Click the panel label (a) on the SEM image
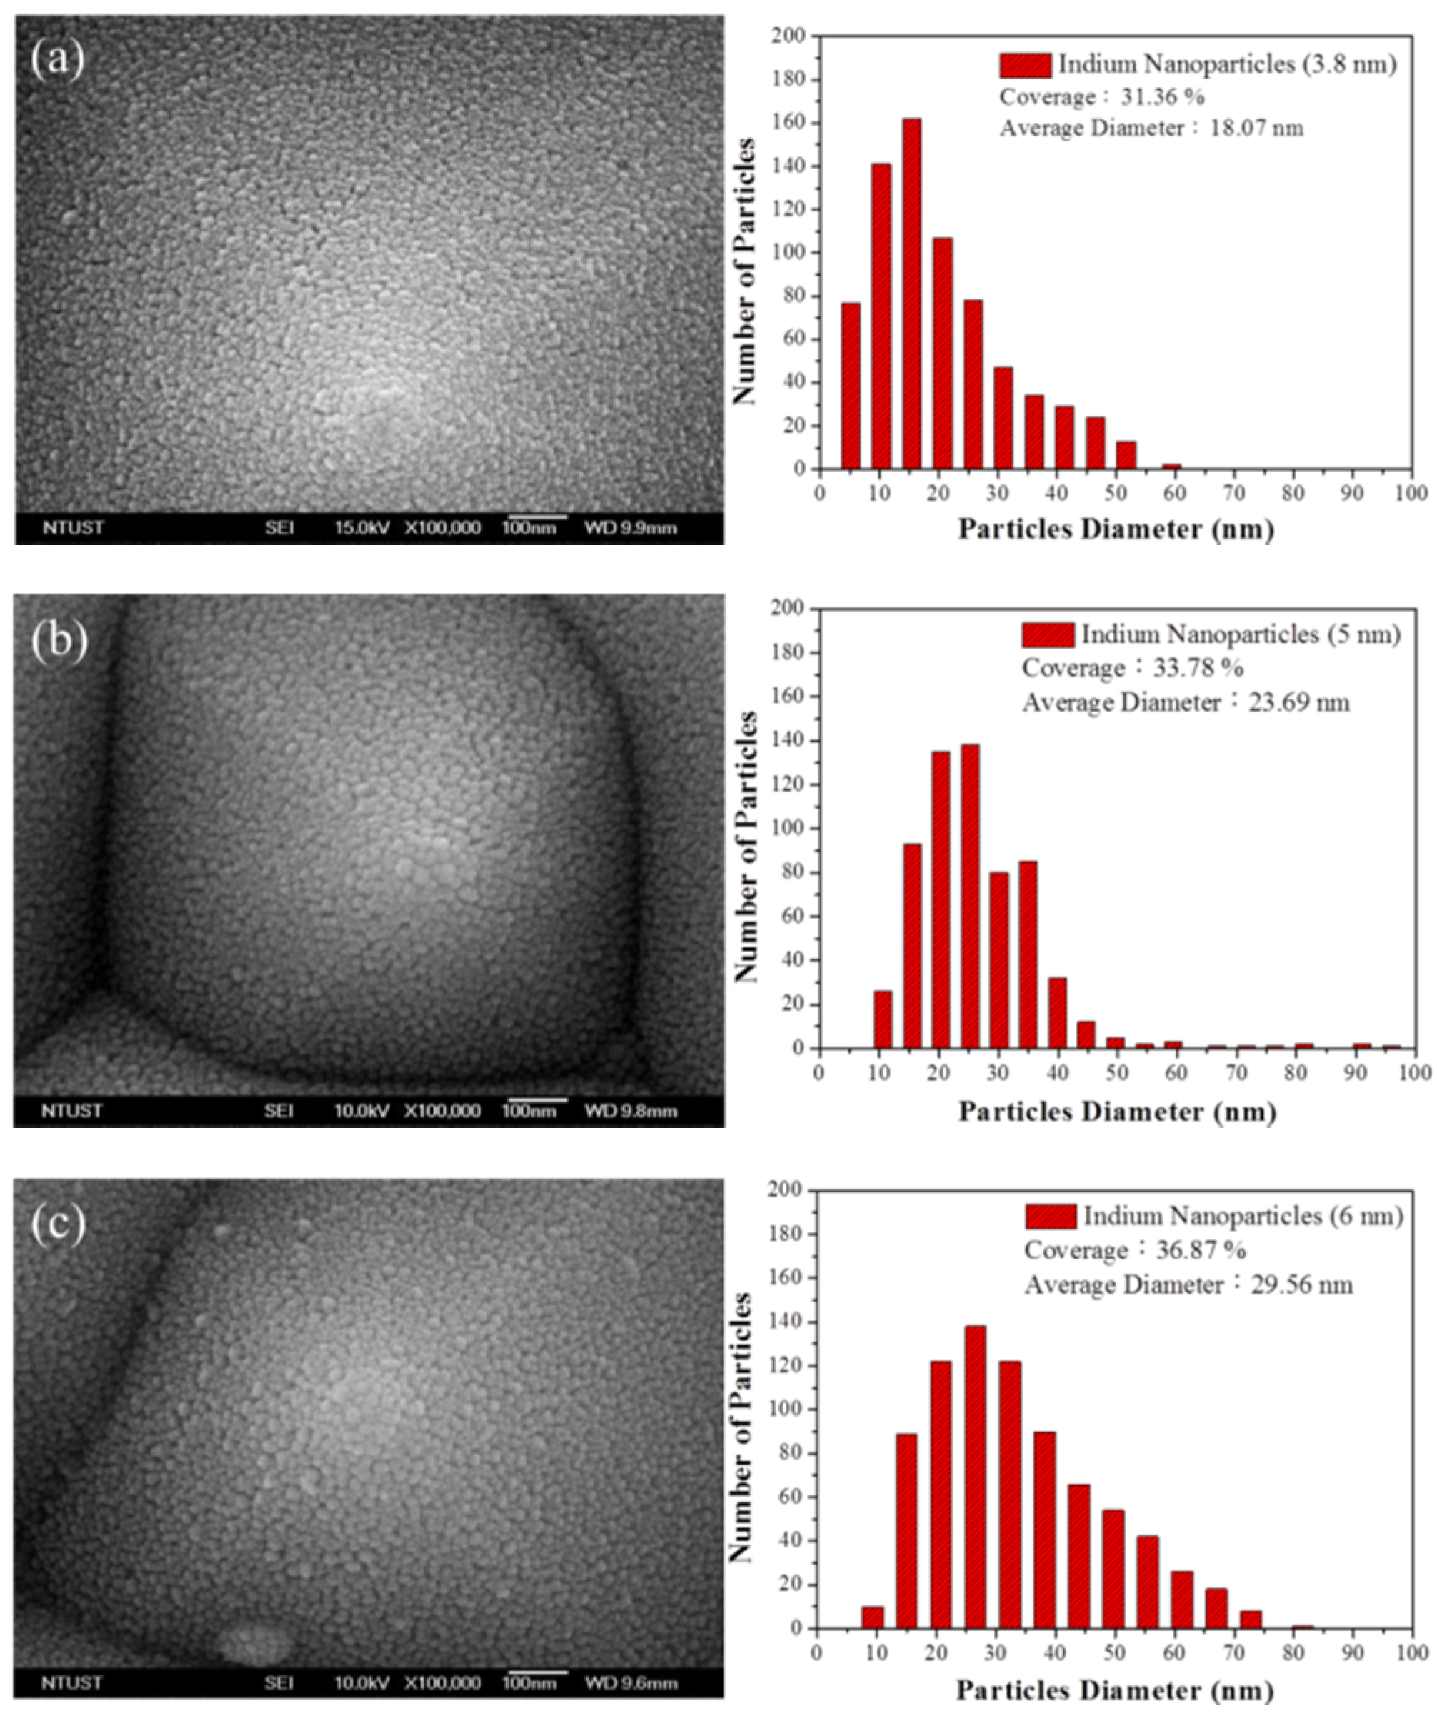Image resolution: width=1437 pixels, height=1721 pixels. (57, 59)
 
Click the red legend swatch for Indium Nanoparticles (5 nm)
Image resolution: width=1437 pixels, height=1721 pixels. (1047, 634)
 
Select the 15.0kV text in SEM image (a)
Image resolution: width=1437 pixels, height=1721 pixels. (361, 528)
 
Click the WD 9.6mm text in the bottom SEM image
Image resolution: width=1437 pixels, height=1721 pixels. (631, 1683)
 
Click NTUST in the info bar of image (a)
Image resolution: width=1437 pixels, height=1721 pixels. (73, 528)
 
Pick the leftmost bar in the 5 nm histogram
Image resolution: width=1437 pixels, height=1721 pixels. (882, 1019)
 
